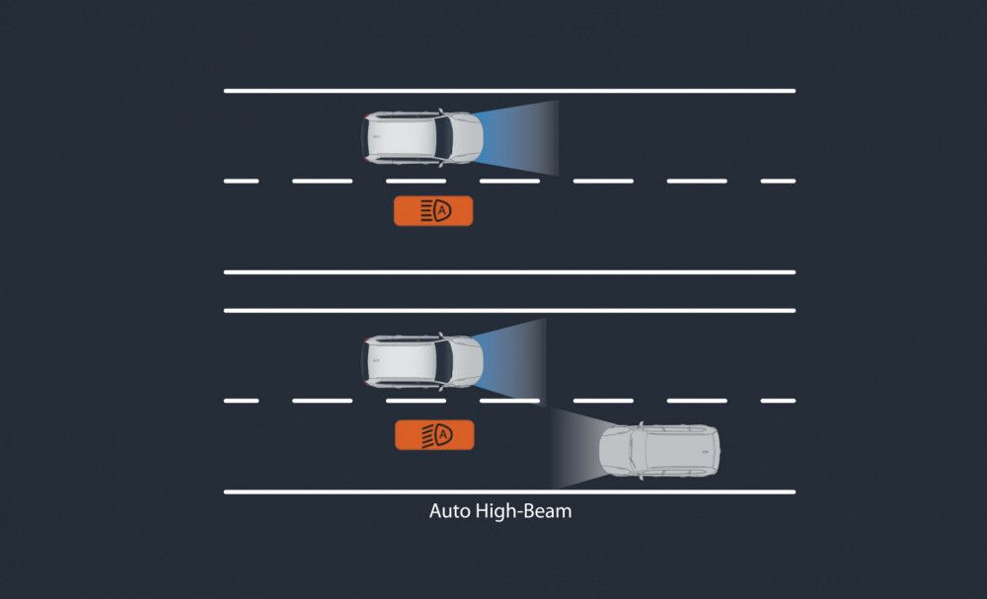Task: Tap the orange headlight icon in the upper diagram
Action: (433, 210)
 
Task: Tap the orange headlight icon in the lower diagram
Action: (434, 434)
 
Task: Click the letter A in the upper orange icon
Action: (442, 210)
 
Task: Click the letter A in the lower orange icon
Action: (443, 434)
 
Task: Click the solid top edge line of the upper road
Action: (509, 91)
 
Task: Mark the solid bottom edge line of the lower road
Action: (509, 491)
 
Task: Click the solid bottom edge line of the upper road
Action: (509, 271)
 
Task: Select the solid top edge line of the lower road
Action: (509, 311)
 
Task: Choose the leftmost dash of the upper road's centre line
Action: (241, 182)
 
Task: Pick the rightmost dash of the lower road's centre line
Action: (778, 401)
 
